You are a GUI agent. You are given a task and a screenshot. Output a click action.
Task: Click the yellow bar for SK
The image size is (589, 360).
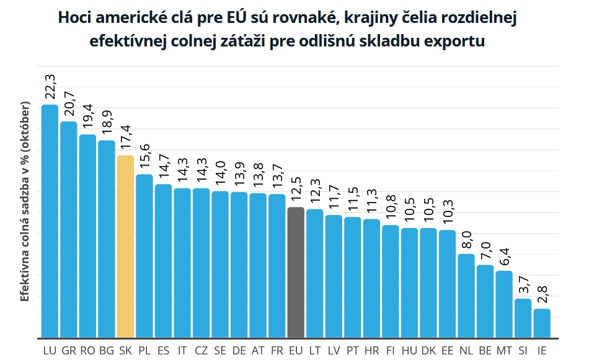[x=125, y=246]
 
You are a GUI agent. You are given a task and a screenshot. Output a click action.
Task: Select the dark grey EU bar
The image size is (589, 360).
[x=296, y=272]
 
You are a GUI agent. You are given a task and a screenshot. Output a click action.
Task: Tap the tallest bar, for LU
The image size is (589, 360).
[x=50, y=221]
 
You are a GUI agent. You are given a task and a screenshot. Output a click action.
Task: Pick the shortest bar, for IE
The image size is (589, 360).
[x=542, y=323]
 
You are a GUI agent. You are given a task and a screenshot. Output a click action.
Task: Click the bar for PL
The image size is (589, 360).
[x=144, y=255]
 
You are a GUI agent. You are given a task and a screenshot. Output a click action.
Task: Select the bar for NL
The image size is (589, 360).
[x=466, y=296]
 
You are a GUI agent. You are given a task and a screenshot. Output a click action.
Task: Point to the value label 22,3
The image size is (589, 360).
[x=50, y=86]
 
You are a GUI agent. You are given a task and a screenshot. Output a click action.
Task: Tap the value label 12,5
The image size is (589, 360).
[x=296, y=189]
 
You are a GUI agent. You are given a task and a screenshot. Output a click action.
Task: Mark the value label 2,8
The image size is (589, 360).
[x=542, y=291]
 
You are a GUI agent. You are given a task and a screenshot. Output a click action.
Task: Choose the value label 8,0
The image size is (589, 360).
[x=466, y=237]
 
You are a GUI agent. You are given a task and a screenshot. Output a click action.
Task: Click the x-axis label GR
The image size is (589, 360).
[x=69, y=351]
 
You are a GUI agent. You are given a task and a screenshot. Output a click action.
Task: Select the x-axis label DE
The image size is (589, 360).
[x=239, y=351]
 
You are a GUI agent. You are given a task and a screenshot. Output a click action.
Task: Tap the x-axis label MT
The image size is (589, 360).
[x=504, y=351]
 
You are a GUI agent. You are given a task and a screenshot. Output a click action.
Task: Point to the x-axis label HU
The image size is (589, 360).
[x=409, y=351]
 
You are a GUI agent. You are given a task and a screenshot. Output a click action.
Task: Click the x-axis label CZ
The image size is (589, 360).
[x=201, y=351]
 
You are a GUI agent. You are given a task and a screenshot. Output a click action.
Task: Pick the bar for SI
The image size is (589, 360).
[x=523, y=318]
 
